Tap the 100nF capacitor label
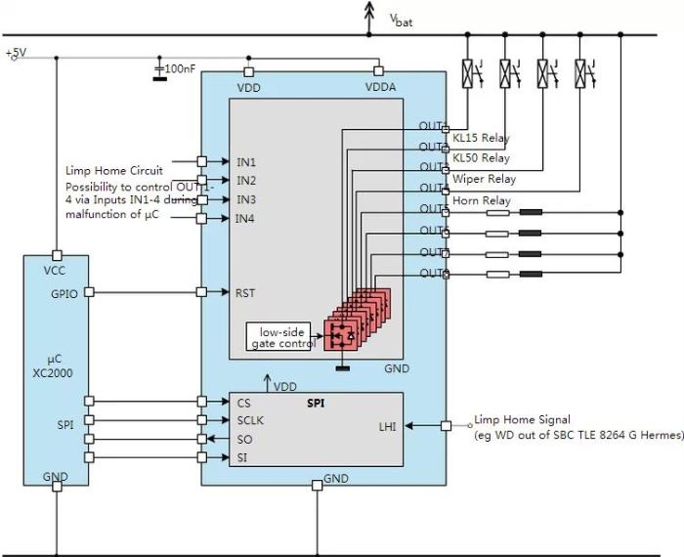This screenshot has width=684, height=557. [180, 69]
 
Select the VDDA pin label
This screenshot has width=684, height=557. [380, 88]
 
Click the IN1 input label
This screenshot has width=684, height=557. [245, 161]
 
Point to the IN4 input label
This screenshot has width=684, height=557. [245, 218]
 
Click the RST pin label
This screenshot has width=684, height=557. [244, 292]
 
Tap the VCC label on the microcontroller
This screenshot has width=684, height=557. [55, 271]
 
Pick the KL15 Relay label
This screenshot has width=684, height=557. [481, 138]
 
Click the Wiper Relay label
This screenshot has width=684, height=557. [484, 180]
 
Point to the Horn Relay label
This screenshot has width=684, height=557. [481, 201]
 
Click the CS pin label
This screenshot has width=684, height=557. [242, 401]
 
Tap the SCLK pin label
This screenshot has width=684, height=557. [249, 419]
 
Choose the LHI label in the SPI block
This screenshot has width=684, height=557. [388, 426]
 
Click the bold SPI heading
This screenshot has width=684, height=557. [316, 402]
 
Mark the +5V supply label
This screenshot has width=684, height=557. [18, 51]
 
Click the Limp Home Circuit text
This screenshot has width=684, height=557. [114, 170]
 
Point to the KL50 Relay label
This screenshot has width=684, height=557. [481, 158]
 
